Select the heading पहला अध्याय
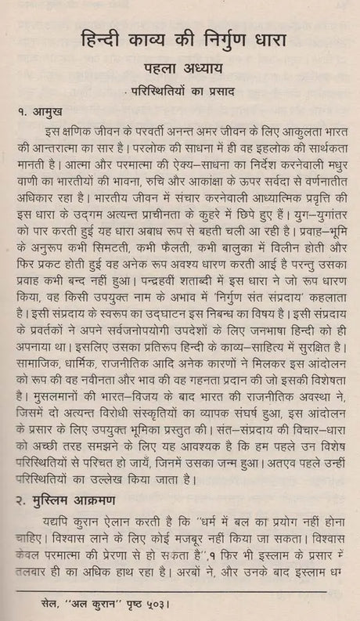tap(182, 76)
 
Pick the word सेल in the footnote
tap(41, 606)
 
